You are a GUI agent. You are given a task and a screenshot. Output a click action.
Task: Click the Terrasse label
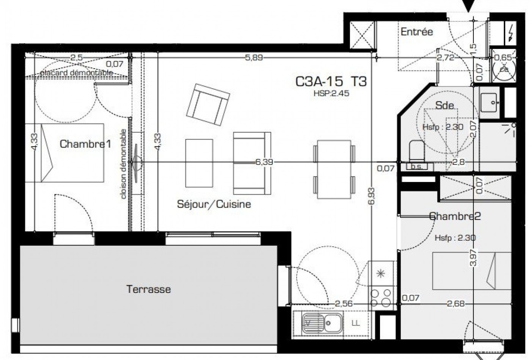pos(148,289)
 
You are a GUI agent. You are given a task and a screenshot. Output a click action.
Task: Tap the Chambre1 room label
pos(85,144)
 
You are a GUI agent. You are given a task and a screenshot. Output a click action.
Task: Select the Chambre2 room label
pos(455,216)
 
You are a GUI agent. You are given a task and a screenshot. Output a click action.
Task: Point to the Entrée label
pos(416,32)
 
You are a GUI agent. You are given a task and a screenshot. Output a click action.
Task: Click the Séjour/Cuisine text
pos(214,204)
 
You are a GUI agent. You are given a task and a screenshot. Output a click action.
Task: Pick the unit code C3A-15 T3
pos(331,81)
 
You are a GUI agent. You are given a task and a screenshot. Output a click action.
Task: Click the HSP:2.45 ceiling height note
pos(331,93)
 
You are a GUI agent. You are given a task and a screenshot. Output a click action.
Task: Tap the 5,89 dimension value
pos(254,58)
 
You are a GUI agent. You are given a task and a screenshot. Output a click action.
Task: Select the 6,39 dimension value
pos(264,162)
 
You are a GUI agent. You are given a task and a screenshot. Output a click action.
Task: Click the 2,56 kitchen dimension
pos(344,304)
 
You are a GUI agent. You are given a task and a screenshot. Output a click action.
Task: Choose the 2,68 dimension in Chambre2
pos(456,304)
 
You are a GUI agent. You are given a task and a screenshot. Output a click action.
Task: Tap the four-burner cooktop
pos(381,297)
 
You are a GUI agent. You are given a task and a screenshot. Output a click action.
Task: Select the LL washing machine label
pos(356,323)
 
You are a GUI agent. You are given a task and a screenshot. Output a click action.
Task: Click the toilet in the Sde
pos(416,150)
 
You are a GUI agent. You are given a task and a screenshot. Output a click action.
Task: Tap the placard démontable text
pos(77,72)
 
